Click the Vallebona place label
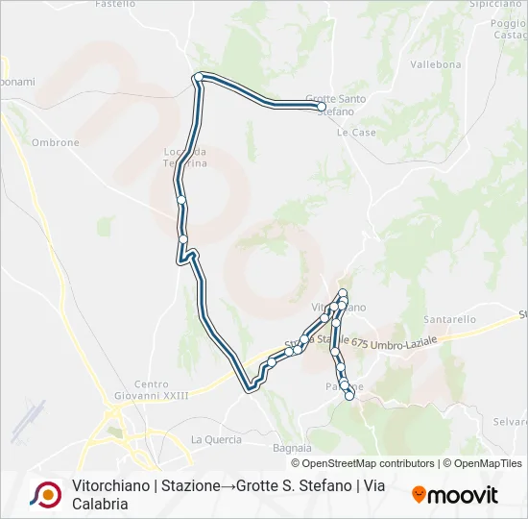[x=431, y=65]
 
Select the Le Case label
[x=356, y=133]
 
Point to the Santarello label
[x=449, y=319]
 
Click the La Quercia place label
[x=216, y=439]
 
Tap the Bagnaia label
[x=293, y=448]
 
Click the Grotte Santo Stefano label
[x=335, y=104]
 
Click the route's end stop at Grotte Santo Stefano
[x=323, y=108]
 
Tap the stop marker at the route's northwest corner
[x=198, y=77]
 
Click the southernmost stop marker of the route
[x=349, y=395]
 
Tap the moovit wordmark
[x=464, y=495]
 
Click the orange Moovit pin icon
[x=419, y=495]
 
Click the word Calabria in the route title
[x=100, y=504]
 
